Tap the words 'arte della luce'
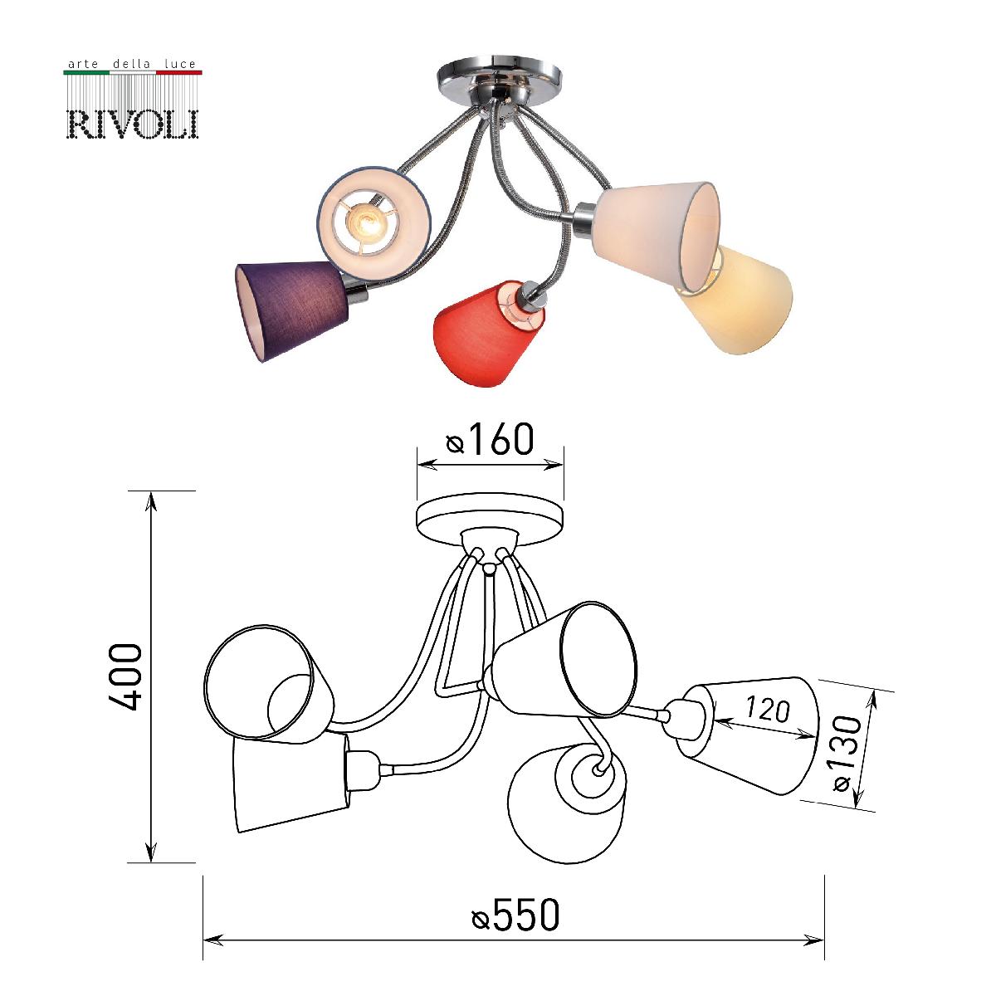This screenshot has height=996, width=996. click(130, 62)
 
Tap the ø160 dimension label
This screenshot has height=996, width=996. click(490, 440)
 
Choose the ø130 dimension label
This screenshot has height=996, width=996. click(851, 751)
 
